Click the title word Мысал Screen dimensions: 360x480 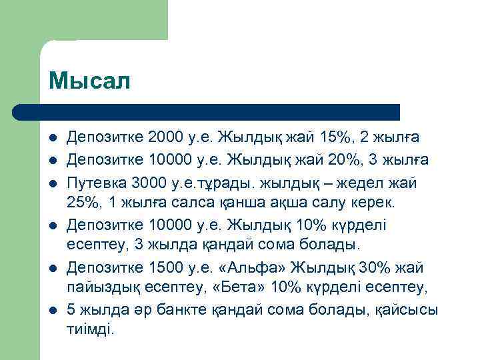(90, 81)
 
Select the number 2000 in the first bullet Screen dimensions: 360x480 (165, 138)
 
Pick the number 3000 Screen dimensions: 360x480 (149, 181)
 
